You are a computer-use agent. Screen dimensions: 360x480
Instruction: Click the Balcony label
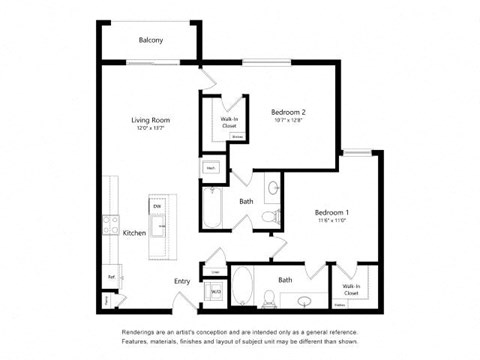[150, 40]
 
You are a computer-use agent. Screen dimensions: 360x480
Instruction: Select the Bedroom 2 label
[288, 114]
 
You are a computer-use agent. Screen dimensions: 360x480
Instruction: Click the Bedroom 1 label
[331, 214]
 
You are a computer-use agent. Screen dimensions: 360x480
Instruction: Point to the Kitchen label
[135, 233]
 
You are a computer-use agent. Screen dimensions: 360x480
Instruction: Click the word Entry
[182, 282]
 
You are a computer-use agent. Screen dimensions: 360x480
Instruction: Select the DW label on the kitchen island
[157, 207]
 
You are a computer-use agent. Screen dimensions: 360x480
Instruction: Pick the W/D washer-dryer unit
[215, 292]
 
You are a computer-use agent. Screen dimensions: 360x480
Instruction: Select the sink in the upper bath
[272, 187]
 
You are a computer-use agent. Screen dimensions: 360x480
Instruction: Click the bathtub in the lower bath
[241, 285]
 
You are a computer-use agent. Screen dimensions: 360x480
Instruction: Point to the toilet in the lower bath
[269, 296]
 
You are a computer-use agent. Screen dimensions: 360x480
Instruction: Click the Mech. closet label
[212, 169]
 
